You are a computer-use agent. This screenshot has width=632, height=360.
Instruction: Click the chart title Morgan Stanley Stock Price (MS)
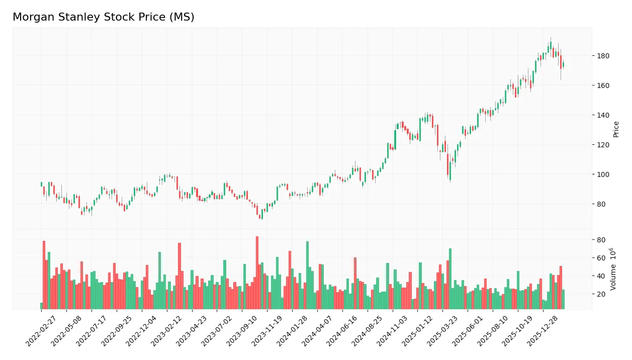[103, 17]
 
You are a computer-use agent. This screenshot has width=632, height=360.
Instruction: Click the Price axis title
[616, 129]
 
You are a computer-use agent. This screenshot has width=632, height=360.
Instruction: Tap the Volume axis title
[614, 268]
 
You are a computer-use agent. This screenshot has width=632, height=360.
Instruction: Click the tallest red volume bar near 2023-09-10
[257, 273]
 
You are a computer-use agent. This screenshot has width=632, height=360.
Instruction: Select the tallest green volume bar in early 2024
[307, 276]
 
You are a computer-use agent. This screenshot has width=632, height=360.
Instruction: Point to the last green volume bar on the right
[563, 299]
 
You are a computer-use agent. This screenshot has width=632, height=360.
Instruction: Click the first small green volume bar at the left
[41, 306]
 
